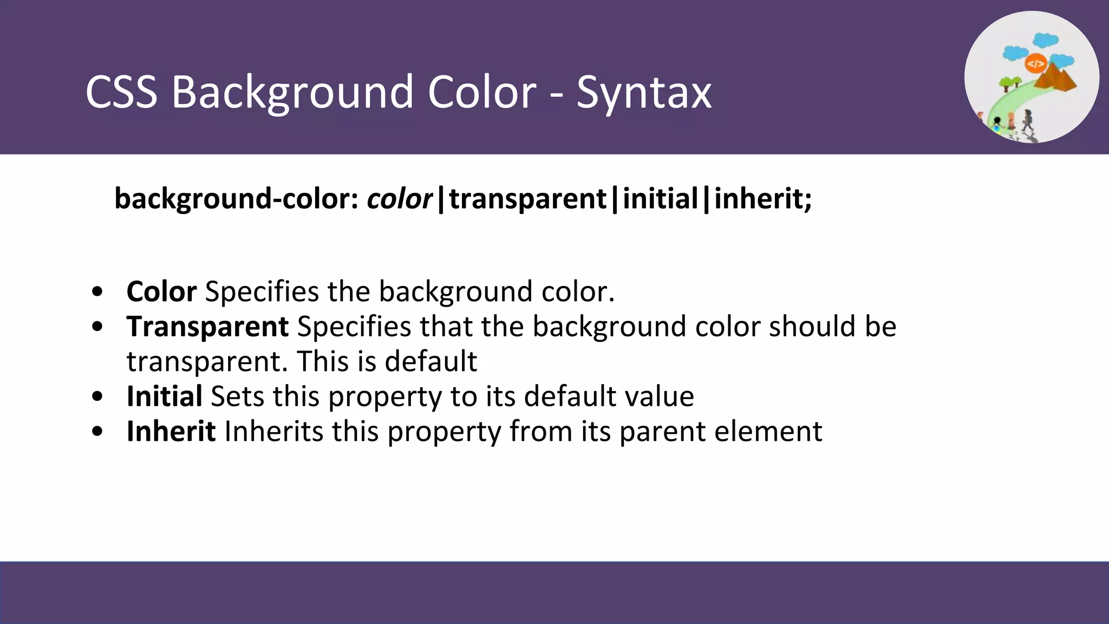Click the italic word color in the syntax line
pyautogui.click(x=399, y=199)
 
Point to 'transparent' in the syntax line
pyautogui.click(x=527, y=199)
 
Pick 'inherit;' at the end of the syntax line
pyautogui.click(x=763, y=198)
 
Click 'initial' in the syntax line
pyautogui.click(x=660, y=198)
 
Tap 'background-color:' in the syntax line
pyautogui.click(x=237, y=199)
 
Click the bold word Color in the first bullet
pyautogui.click(x=161, y=291)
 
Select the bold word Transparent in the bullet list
pyautogui.click(x=207, y=327)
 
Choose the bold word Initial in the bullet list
pyautogui.click(x=165, y=396)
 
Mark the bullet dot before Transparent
pyautogui.click(x=97, y=327)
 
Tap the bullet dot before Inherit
pyautogui.click(x=97, y=432)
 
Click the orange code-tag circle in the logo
pyautogui.click(x=1035, y=64)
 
